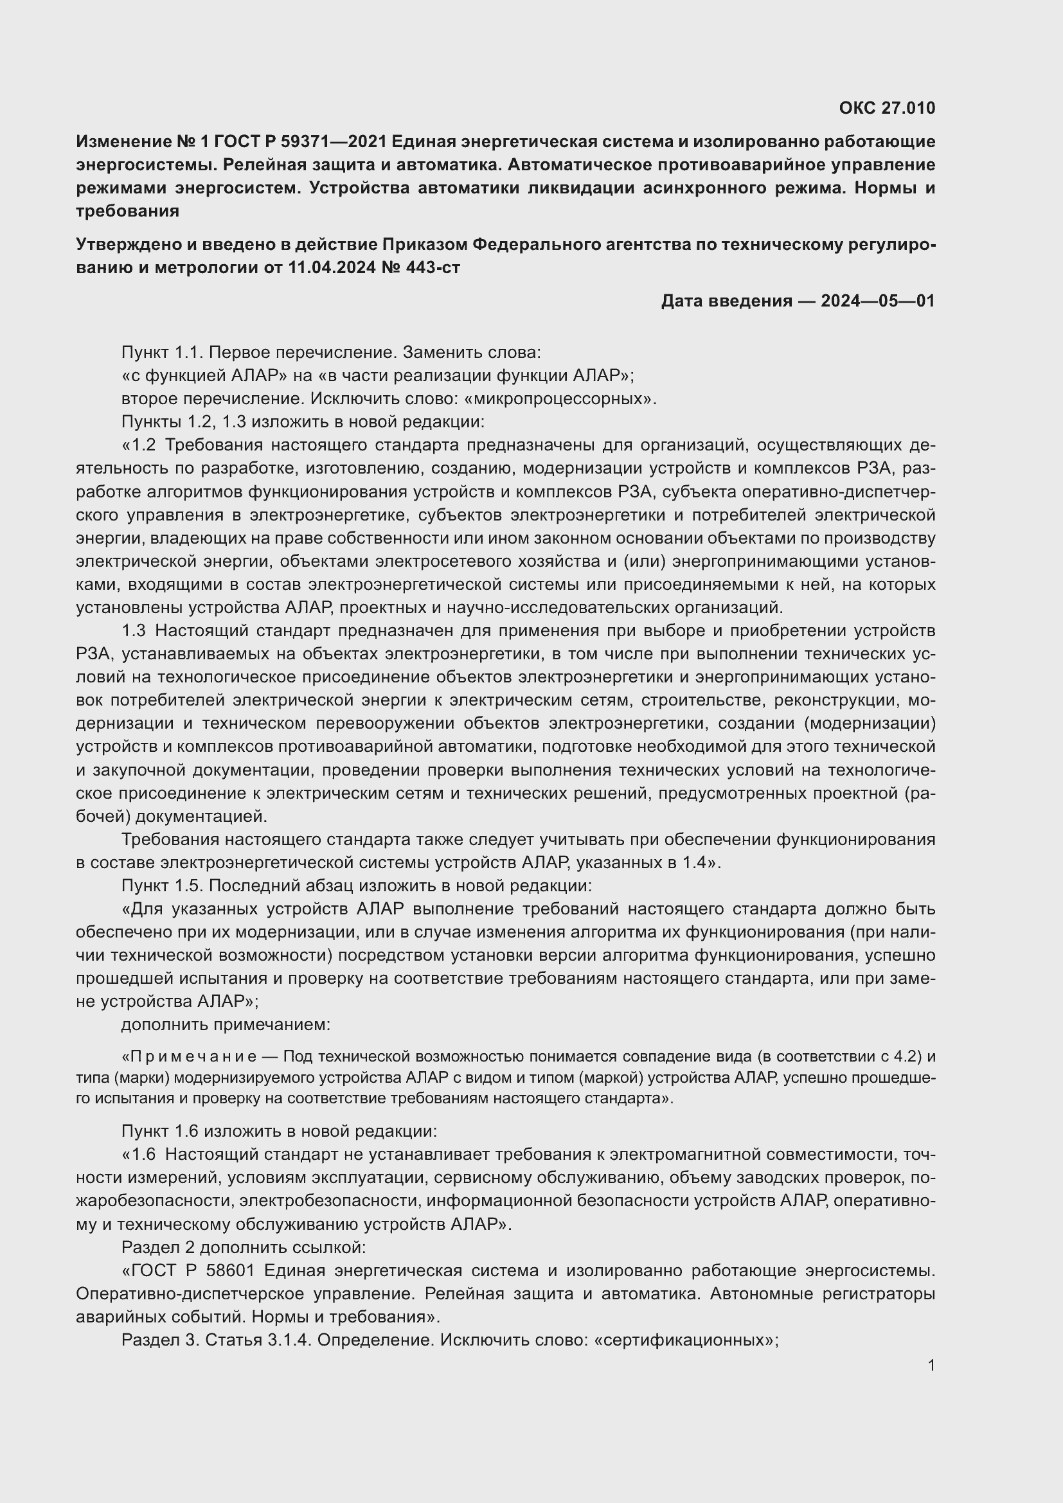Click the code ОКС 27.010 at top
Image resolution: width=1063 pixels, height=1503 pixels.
[886, 108]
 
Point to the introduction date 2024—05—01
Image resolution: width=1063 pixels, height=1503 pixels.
[877, 301]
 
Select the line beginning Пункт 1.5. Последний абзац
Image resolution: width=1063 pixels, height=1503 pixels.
[356, 885]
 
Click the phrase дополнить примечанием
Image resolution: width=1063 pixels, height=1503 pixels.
[226, 1024]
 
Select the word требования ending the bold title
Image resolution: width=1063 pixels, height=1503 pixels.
[128, 211]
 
